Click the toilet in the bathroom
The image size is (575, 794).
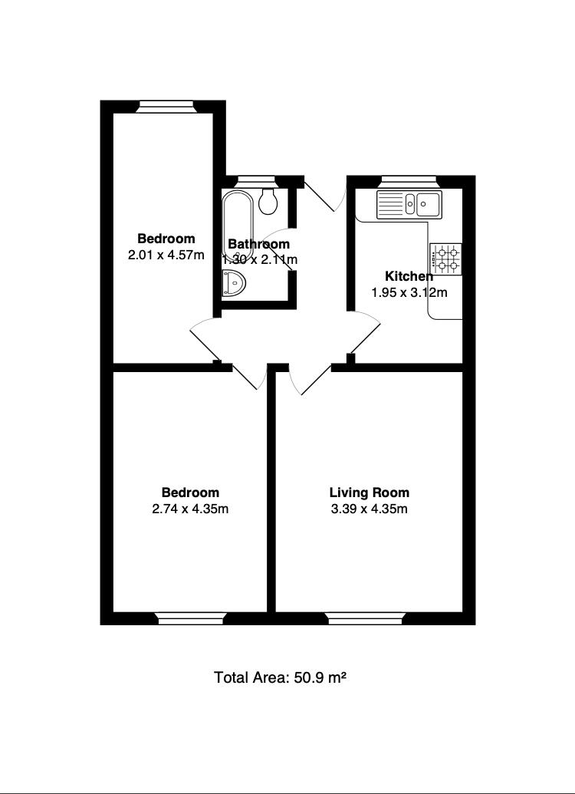click(268, 202)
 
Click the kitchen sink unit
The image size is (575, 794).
click(409, 204)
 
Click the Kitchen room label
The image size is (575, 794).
click(409, 276)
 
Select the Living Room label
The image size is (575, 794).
click(369, 493)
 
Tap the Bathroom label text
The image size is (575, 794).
click(259, 245)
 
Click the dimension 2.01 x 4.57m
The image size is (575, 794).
click(166, 255)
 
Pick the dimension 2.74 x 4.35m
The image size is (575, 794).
click(190, 509)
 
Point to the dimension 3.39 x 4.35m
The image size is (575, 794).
click(369, 509)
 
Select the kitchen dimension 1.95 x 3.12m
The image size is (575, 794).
click(409, 292)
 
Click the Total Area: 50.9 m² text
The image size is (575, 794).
click(281, 677)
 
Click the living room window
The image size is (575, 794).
click(366, 618)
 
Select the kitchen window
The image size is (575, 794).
click(409, 181)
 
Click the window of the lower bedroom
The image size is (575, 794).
click(191, 618)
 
